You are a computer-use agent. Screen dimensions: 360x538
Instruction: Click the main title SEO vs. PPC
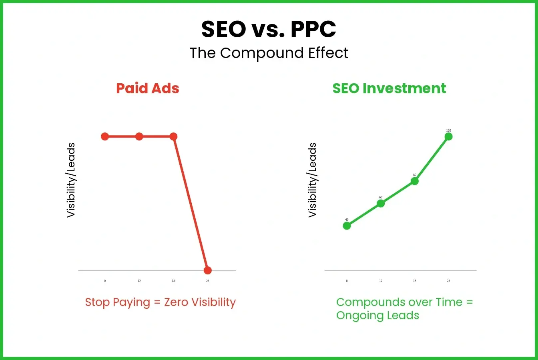pyautogui.click(x=269, y=29)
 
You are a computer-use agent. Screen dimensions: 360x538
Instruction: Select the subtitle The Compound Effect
pyautogui.click(x=269, y=53)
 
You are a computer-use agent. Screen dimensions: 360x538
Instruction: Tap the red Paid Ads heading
pyautogui.click(x=148, y=88)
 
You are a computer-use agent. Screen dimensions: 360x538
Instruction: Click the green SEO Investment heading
pyautogui.click(x=389, y=88)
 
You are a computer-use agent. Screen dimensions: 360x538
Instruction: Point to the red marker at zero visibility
pyautogui.click(x=207, y=270)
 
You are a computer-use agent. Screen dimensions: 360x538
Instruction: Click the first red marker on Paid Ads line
pyautogui.click(x=105, y=136)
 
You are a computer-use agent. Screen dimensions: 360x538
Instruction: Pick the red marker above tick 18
pyautogui.click(x=173, y=136)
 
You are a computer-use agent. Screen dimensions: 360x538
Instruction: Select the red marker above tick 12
pyautogui.click(x=139, y=136)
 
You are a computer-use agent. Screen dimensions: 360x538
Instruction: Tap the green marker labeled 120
pyautogui.click(x=448, y=136)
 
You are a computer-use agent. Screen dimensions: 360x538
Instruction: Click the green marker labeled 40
pyautogui.click(x=347, y=226)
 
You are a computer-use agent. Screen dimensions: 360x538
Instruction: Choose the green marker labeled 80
pyautogui.click(x=415, y=181)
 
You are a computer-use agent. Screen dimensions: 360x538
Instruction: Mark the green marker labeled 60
pyautogui.click(x=381, y=203)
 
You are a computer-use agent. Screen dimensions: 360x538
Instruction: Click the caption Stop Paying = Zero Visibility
pyautogui.click(x=160, y=302)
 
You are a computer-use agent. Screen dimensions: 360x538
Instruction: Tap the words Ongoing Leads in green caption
pyautogui.click(x=377, y=316)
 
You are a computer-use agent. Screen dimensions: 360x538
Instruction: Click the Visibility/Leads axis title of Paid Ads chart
pyautogui.click(x=71, y=180)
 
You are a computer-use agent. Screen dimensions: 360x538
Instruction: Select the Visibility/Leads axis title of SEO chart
pyautogui.click(x=312, y=180)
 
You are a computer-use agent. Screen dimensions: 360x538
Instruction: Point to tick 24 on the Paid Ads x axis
pyautogui.click(x=207, y=281)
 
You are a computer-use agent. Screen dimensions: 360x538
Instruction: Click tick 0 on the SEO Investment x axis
pyautogui.click(x=347, y=281)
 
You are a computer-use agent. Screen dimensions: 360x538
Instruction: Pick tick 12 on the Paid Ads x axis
pyautogui.click(x=139, y=281)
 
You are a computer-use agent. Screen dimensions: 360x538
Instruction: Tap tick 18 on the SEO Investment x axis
pyautogui.click(x=415, y=281)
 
